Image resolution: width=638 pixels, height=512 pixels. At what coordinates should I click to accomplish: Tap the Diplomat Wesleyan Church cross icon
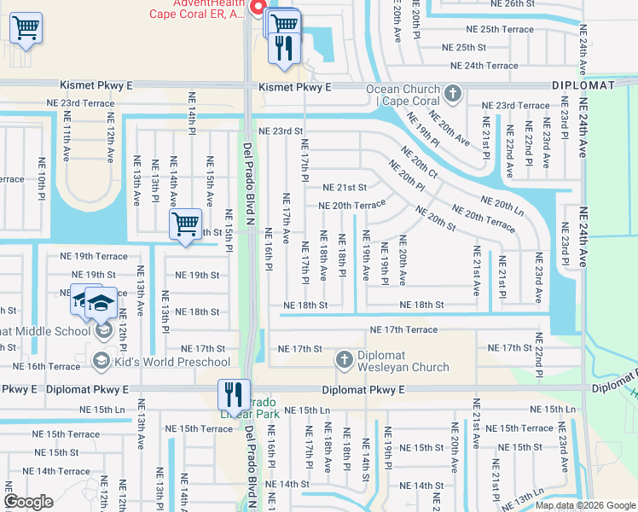[x=345, y=360]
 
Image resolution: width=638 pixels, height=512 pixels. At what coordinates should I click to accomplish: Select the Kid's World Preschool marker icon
[x=102, y=362]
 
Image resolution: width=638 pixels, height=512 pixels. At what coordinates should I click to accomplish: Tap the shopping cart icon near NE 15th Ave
[x=184, y=225]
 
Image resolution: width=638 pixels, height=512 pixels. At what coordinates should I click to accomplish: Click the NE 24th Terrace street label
[x=484, y=66]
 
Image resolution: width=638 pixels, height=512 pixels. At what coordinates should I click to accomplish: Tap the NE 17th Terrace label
[x=403, y=329]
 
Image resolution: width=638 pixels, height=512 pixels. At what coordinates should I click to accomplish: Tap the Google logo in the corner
[x=29, y=503]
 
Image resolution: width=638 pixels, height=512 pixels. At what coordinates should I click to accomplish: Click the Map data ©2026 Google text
[x=585, y=505]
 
